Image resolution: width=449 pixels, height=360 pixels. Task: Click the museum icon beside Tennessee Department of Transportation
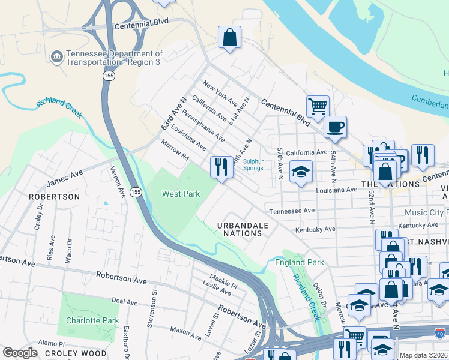[58, 58]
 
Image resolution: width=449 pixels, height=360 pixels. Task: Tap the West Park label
[181, 194]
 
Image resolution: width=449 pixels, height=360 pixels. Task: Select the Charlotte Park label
[92, 320]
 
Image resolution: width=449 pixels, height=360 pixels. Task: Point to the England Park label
[299, 262]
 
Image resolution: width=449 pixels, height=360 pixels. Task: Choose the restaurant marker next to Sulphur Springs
[221, 167]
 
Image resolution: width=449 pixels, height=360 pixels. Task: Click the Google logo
[20, 353]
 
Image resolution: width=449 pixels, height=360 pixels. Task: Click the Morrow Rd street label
[175, 151]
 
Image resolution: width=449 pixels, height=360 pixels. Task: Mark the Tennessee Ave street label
[292, 211]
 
